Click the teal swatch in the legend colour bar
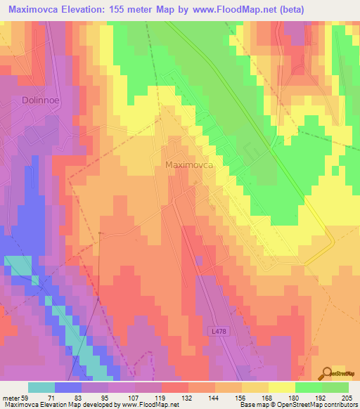[x=41, y=387]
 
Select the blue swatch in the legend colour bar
[x=68, y=387]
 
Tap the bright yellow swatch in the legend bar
[x=281, y=387]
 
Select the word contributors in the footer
[x=341, y=405]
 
